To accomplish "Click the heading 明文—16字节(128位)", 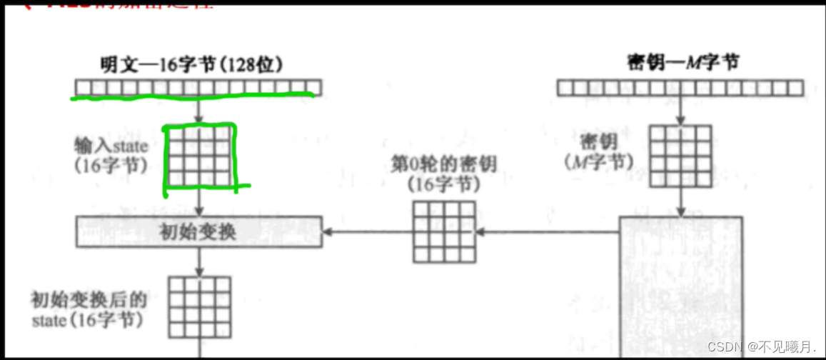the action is click(192, 64).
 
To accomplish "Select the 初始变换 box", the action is click(199, 232).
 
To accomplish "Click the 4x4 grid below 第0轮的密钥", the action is click(444, 231).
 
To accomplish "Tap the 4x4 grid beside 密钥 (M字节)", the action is click(680, 156).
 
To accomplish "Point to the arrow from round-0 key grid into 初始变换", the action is click(368, 231).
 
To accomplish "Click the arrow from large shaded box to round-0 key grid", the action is click(548, 231).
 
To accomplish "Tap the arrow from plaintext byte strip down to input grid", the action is click(199, 110).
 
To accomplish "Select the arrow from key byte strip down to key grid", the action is click(680, 110).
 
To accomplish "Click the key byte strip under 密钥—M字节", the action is click(680, 88).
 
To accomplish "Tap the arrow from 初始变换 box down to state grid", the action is click(199, 261).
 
